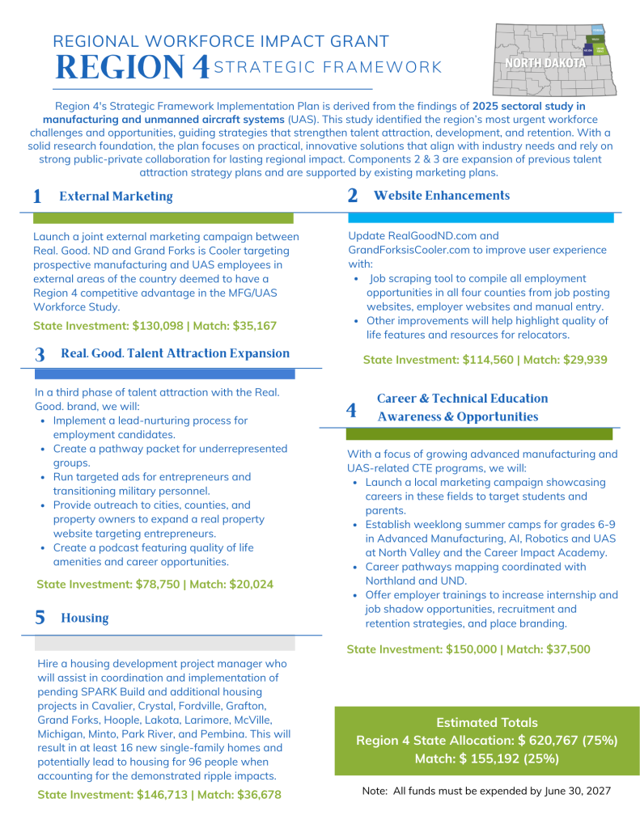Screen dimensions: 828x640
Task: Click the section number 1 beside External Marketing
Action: point(37,196)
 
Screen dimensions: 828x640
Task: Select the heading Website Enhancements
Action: point(442,196)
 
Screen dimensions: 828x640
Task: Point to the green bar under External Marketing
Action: point(163,218)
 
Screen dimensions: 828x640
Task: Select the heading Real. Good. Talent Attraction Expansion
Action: point(175,353)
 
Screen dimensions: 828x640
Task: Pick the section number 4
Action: point(351,410)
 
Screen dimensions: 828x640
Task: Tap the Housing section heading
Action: point(84,618)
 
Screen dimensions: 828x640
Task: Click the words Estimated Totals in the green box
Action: point(486,723)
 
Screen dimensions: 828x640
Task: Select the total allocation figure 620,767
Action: point(544,741)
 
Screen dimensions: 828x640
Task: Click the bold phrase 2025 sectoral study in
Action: point(528,106)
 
